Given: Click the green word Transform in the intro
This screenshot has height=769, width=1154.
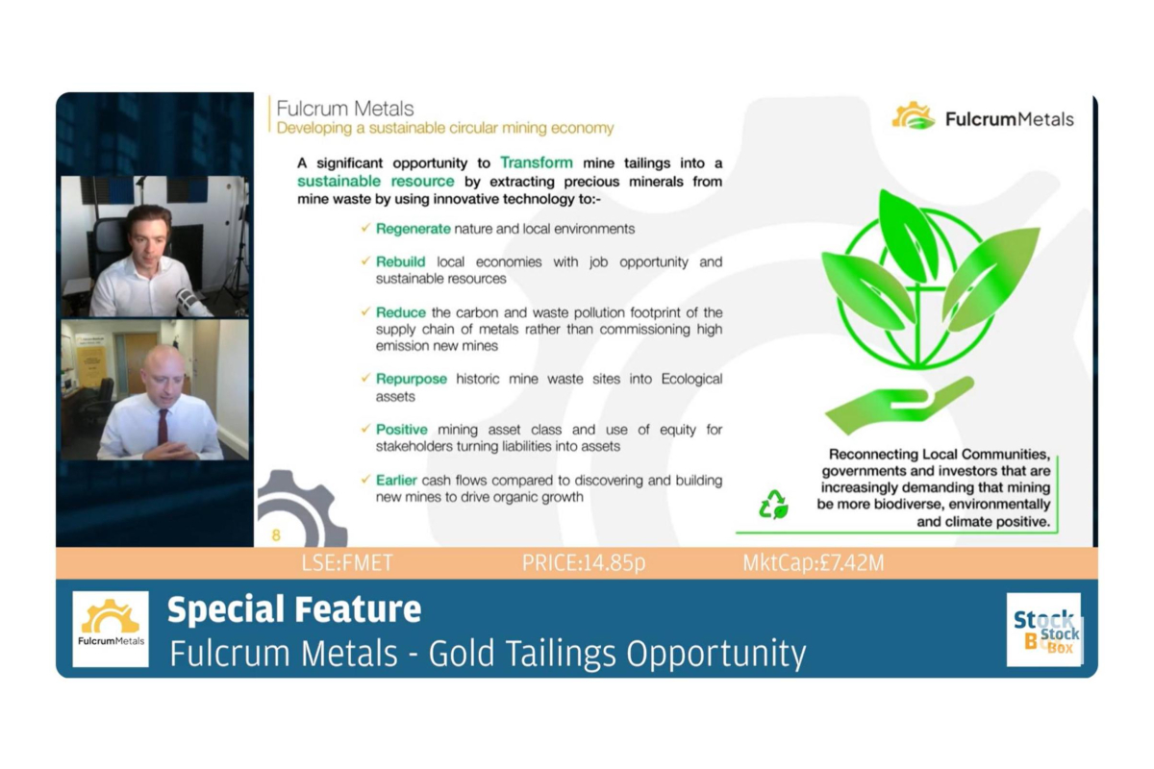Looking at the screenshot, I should coord(536,162).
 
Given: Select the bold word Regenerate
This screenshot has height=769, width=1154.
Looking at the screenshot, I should coord(413,229).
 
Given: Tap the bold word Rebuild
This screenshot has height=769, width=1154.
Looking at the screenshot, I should coord(400,261).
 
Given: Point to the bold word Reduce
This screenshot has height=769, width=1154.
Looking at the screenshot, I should coord(400,312).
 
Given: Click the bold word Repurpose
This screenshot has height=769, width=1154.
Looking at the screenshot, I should coord(411,379).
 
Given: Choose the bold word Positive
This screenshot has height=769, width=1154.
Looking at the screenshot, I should coord(401,430).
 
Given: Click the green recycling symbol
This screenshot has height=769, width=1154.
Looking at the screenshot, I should coord(773,505).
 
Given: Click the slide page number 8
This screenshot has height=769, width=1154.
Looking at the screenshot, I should coord(276,535).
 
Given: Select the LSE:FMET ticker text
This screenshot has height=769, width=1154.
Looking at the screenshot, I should coord(347,563).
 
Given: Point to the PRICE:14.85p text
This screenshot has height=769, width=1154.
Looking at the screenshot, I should coord(584,563).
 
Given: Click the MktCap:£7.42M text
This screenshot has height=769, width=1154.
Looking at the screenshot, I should coord(813,563).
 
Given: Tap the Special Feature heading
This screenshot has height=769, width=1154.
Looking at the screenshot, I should coord(294,609).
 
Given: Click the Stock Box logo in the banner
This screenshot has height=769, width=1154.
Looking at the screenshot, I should coord(1044,630).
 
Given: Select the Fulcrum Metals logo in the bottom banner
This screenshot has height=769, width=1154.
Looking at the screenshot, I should coord(111,629).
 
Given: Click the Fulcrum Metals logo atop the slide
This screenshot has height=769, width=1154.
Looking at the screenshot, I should coord(982,117).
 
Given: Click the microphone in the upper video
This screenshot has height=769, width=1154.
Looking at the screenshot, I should coord(188,301).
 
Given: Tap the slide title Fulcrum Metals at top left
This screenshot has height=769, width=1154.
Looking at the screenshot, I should coord(344,109).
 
